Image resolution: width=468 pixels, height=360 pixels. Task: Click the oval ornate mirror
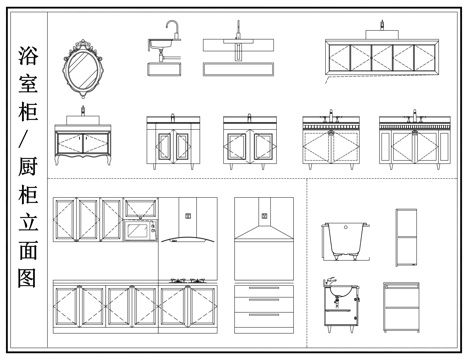coord(83,69)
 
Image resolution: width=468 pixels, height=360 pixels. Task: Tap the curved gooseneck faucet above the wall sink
coord(172,29)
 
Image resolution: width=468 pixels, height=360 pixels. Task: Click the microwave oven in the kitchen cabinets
coord(140,230)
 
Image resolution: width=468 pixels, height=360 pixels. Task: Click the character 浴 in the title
coord(28,55)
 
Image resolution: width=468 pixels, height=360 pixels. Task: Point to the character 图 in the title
coord(28,278)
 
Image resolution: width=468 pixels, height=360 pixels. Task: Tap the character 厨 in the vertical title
coord(28,167)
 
